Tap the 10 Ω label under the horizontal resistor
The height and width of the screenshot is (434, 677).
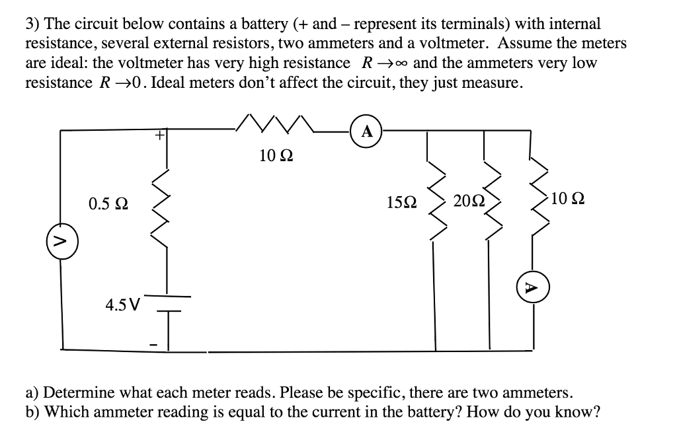click(x=277, y=156)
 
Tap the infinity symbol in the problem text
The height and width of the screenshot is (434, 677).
click(x=401, y=63)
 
